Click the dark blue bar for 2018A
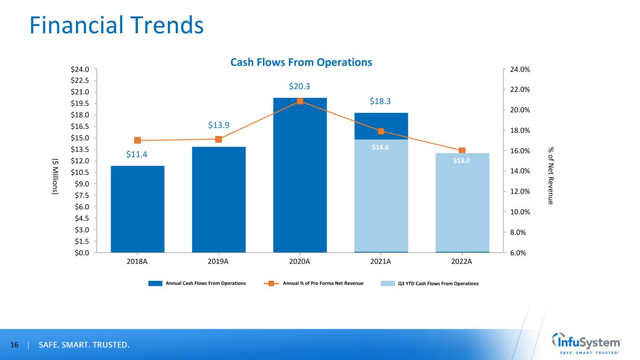pyautogui.click(x=137, y=209)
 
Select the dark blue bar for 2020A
pyautogui.click(x=300, y=175)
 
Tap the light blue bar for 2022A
pyautogui.click(x=462, y=202)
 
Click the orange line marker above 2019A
pyautogui.click(x=218, y=139)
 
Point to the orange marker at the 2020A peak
pyautogui.click(x=300, y=101)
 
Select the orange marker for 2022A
pyautogui.click(x=462, y=150)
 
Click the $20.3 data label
pyautogui.click(x=299, y=86)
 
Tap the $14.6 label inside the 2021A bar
pyautogui.click(x=380, y=148)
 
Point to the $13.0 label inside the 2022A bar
pyautogui.click(x=461, y=161)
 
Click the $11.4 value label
pyautogui.click(x=136, y=154)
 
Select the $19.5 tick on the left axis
pyautogui.click(x=80, y=104)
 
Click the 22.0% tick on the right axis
pyautogui.click(x=520, y=90)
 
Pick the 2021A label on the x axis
pyautogui.click(x=381, y=262)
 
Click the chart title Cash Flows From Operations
pyautogui.click(x=301, y=62)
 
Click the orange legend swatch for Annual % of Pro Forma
pyautogui.click(x=271, y=284)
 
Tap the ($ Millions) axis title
pyautogui.click(x=55, y=177)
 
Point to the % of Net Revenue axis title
pyautogui.click(x=550, y=176)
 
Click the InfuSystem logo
pyautogui.click(x=586, y=344)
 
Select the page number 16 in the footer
pyautogui.click(x=14, y=345)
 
